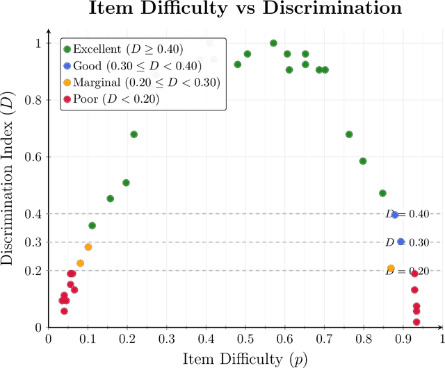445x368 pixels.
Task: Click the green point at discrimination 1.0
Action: tap(273, 43)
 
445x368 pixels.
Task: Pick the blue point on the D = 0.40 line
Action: tap(395, 215)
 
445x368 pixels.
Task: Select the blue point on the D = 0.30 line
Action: tap(400, 242)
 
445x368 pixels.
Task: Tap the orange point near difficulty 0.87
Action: tap(391, 268)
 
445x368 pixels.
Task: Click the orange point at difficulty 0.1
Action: tap(88, 247)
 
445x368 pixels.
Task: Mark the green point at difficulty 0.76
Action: tap(349, 134)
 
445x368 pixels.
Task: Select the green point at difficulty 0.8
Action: tap(363, 161)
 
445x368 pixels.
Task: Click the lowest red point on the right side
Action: tap(416, 321)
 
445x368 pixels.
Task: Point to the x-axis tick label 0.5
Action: tap(245, 339)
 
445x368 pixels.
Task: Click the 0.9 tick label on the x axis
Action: tap(403, 339)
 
